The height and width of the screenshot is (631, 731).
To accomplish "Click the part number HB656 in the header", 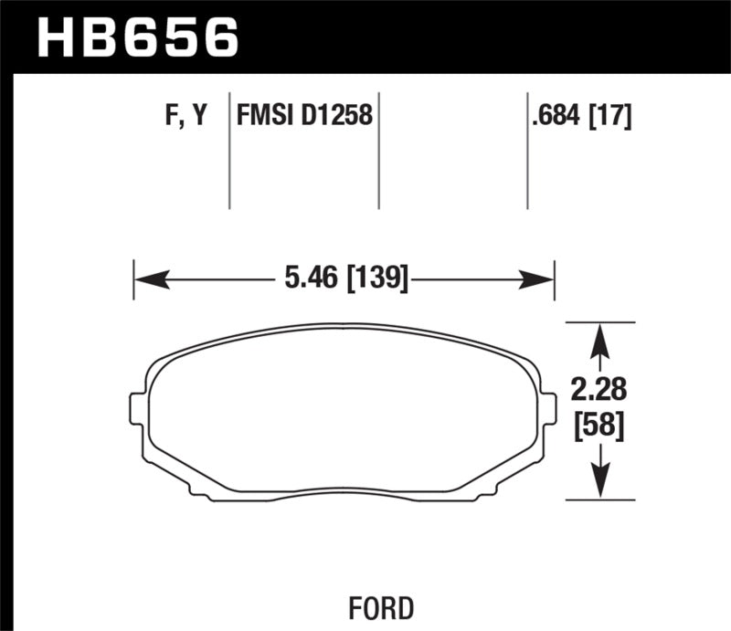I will [x=137, y=37].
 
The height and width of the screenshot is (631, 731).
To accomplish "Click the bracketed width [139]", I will [x=374, y=277].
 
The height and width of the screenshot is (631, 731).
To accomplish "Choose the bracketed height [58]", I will [x=599, y=426].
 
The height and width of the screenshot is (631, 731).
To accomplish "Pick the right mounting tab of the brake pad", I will [x=549, y=407].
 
